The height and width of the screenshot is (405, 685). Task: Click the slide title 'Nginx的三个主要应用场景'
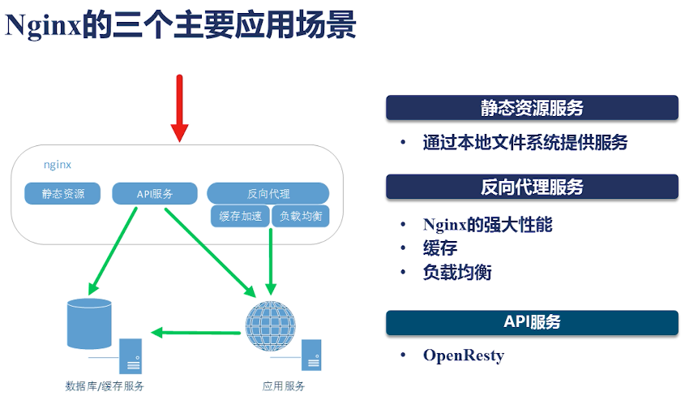pos(180,27)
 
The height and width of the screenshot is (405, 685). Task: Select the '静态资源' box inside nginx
pos(62,194)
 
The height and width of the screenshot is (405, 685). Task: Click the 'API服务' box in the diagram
pos(154,194)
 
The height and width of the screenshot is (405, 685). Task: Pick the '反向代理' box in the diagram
pos(268,194)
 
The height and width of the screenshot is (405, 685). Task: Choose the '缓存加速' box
pos(238,216)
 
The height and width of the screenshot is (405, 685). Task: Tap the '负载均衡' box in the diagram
pos(300,216)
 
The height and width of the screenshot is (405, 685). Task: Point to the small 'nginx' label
pos(58,165)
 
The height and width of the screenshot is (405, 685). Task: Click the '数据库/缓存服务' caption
pos(105,386)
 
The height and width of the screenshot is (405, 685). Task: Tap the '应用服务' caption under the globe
pos(284,386)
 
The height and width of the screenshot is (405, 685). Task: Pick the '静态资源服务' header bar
pos(532,108)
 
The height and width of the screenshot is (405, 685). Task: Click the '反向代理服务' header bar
pos(532,187)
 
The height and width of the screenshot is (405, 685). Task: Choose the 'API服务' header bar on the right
pos(532,322)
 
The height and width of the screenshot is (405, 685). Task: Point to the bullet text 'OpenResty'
pos(464,355)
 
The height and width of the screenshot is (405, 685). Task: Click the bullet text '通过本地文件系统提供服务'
pos(524,143)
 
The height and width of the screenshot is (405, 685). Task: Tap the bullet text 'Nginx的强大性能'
pos(487,225)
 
